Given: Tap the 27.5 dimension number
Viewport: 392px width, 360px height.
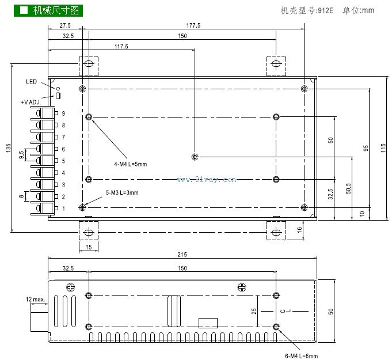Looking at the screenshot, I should click(64, 25).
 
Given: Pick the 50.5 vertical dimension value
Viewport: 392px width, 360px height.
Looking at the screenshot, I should click(348, 188).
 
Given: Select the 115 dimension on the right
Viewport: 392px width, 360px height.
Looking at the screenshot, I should click(383, 147).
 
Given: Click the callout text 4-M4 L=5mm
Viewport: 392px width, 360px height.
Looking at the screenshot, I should click(131, 164).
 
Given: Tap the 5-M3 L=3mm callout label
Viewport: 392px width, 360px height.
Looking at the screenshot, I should click(122, 193).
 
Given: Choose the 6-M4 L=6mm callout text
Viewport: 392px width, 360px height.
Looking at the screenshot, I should click(301, 355).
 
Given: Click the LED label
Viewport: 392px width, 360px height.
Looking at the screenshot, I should click(31, 82).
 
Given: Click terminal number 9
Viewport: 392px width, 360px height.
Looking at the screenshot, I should click(63, 113).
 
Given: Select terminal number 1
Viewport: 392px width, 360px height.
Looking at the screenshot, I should click(63, 209).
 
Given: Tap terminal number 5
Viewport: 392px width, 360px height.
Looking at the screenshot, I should click(63, 161).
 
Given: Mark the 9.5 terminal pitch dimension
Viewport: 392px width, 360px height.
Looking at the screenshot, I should click(21, 155).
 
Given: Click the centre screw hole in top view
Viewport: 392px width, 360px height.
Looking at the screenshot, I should click(195, 157).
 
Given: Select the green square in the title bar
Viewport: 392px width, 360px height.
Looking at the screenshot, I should click(24, 10).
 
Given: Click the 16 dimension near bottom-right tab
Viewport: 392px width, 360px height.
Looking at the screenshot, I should click(299, 230).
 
